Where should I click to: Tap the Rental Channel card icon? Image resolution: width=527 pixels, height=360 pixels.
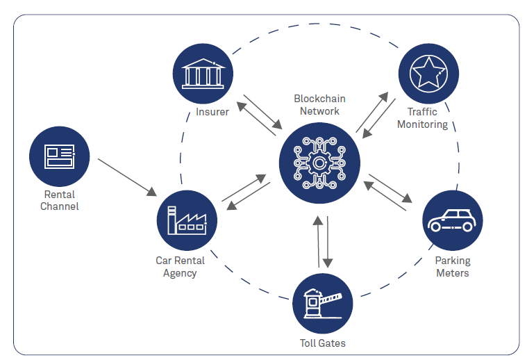59,156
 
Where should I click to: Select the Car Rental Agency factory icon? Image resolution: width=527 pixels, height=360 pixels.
187,220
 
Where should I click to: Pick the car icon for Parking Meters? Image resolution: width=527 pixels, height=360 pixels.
452,221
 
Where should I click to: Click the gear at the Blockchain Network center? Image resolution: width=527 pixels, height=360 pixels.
319,163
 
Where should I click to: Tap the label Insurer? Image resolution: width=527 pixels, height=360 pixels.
212,113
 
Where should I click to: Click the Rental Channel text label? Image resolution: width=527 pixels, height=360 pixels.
60,200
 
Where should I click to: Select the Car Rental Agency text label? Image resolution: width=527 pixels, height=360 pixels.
180,267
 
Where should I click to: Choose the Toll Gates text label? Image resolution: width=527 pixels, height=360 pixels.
323,343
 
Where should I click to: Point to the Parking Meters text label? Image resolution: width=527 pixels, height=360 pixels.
452,267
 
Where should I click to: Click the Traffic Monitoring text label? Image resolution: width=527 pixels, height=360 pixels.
423,118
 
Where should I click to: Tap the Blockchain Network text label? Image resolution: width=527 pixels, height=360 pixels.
319,104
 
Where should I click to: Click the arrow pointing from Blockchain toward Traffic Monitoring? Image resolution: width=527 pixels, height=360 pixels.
372,112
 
